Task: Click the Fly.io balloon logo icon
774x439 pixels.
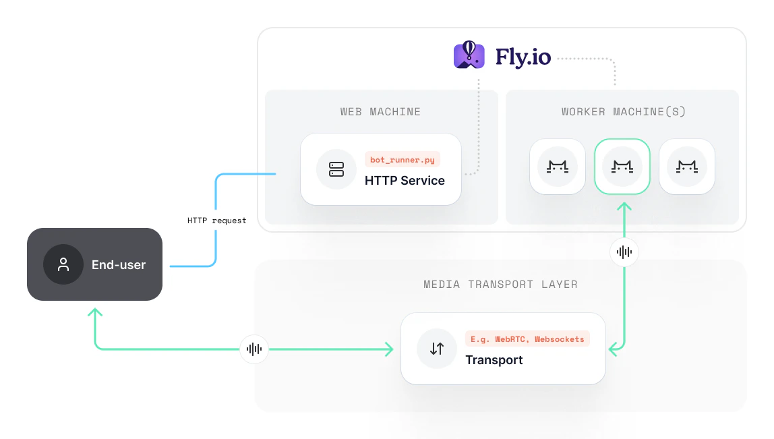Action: point(469,55)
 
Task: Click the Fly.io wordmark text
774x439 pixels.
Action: point(523,57)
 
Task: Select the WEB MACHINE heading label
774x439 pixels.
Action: point(380,112)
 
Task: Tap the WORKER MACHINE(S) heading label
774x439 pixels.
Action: point(624,112)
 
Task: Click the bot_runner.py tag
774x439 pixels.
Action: point(403,160)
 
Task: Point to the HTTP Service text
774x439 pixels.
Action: point(405,181)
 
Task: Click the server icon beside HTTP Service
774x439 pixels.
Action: point(336,169)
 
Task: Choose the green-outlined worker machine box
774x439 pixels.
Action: point(622,167)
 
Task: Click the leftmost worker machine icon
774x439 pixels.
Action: point(558,167)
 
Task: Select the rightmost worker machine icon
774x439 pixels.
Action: point(686,167)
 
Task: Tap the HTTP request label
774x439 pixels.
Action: point(217,221)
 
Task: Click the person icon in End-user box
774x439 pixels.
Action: point(63,264)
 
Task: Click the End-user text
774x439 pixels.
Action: point(119,265)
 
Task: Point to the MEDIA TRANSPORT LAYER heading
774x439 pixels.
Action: point(500,285)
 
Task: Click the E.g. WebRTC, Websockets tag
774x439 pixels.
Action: point(527,339)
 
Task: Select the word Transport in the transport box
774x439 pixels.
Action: point(494,360)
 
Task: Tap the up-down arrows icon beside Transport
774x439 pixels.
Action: point(437,349)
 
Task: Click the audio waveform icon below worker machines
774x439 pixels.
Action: point(624,252)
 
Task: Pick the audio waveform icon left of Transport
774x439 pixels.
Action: point(254,349)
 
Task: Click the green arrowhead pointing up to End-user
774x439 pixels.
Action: point(95,313)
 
